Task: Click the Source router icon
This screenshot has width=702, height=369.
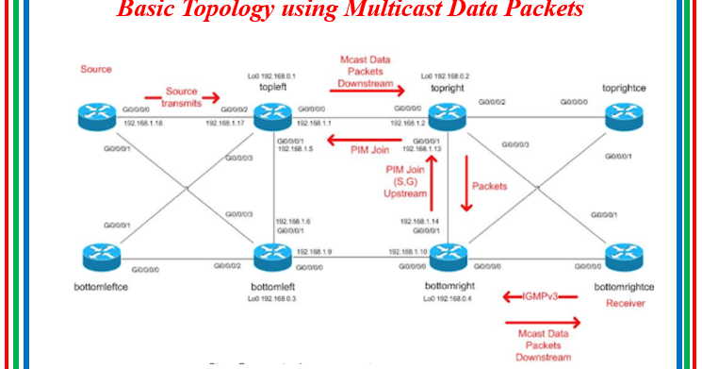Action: [x=95, y=116]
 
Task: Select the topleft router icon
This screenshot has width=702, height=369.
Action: [x=272, y=116]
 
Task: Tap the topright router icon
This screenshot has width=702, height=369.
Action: [x=449, y=116]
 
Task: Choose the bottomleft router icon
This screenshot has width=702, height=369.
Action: [x=272, y=256]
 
